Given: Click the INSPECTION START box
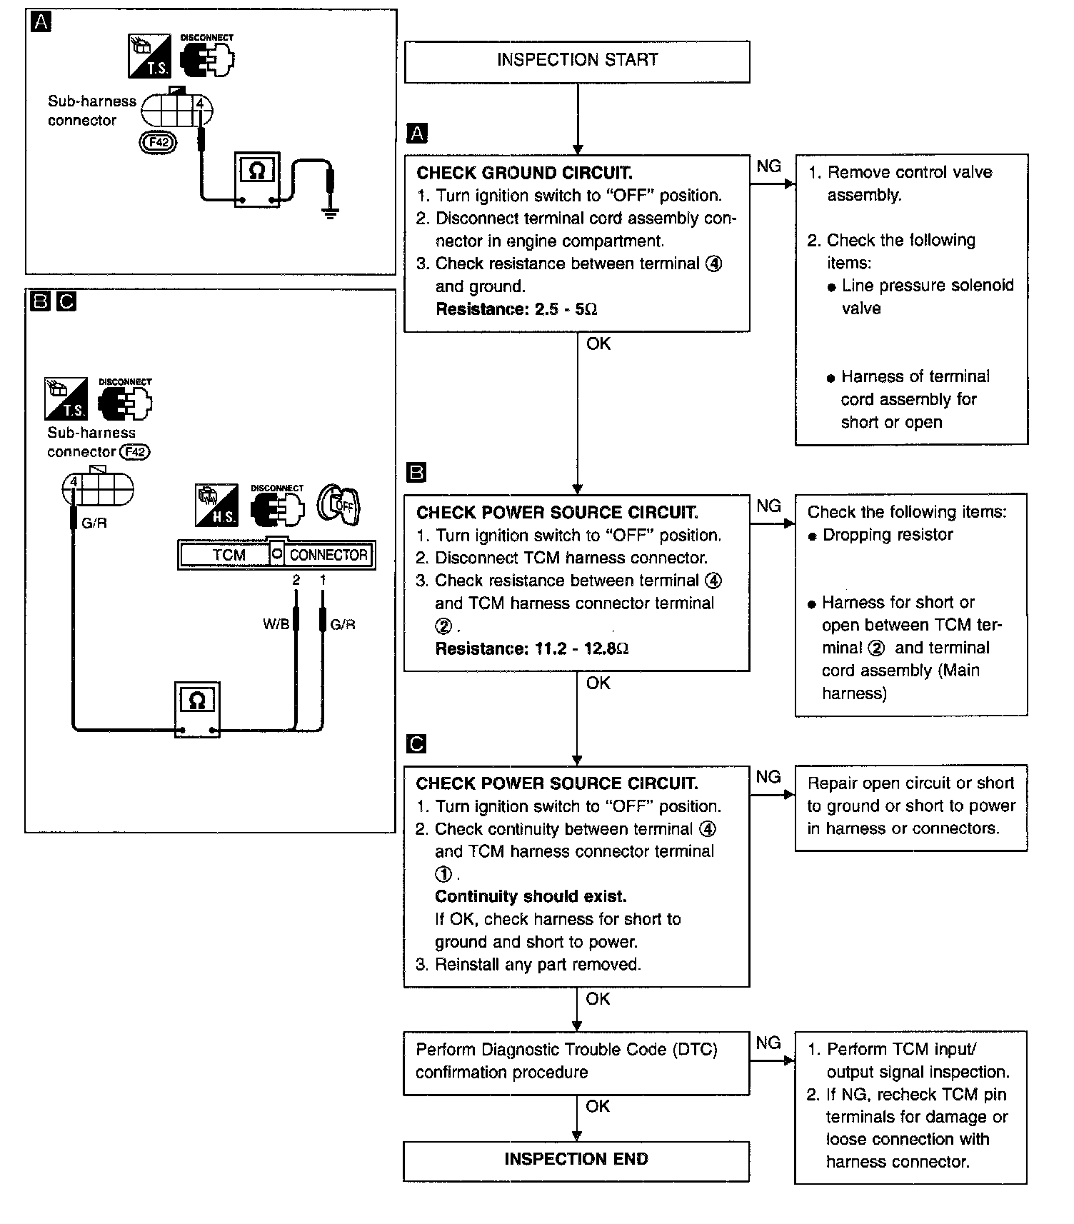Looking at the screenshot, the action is click(x=577, y=61).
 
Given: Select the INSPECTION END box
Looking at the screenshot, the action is click(x=576, y=1161).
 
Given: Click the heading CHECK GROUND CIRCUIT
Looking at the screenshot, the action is click(x=524, y=173).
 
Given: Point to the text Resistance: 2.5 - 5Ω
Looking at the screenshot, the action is click(x=516, y=309).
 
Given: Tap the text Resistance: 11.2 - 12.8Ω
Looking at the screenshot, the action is click(x=532, y=648).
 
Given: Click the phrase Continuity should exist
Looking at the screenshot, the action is click(x=531, y=896).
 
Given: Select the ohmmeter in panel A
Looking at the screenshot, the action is click(x=258, y=179).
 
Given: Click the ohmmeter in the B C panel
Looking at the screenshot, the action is click(x=197, y=709).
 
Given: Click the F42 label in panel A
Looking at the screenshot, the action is click(x=157, y=142).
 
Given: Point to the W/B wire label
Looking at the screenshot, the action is click(x=276, y=624).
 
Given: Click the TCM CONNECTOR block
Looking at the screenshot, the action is click(x=276, y=554).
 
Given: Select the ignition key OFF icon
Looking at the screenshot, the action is click(x=340, y=506).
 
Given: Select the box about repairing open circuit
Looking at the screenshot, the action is click(x=911, y=808).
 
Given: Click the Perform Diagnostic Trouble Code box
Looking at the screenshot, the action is click(x=576, y=1063).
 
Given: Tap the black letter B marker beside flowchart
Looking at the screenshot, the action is click(x=416, y=473).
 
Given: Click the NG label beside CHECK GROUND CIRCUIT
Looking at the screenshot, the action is click(x=768, y=166).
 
